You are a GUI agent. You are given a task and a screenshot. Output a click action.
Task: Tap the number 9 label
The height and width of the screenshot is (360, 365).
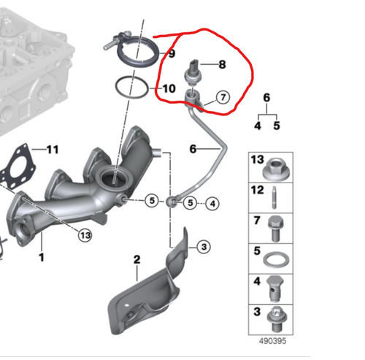pyautogui.click(x=172, y=54)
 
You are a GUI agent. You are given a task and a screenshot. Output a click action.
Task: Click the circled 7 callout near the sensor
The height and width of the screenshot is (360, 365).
pyautogui.click(x=221, y=96)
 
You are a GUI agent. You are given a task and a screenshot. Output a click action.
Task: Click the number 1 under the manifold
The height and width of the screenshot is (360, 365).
pyautogui.click(x=42, y=257)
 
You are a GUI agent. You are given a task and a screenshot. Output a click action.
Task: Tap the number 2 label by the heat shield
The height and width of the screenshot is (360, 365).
pyautogui.click(x=136, y=259)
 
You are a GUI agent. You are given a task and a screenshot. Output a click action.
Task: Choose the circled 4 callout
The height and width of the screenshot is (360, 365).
pyautogui.click(x=212, y=202)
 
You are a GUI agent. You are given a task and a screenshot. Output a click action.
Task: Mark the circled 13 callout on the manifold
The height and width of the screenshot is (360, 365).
pyautogui.click(x=85, y=234)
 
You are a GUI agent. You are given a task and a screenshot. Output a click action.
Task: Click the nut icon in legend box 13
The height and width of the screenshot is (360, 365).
pyautogui.click(x=274, y=166)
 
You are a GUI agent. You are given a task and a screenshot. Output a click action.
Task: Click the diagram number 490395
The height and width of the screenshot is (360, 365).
pyautogui.click(x=272, y=341)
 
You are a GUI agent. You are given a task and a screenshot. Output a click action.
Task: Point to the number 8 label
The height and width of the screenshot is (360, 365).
pyautogui.click(x=222, y=64)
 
